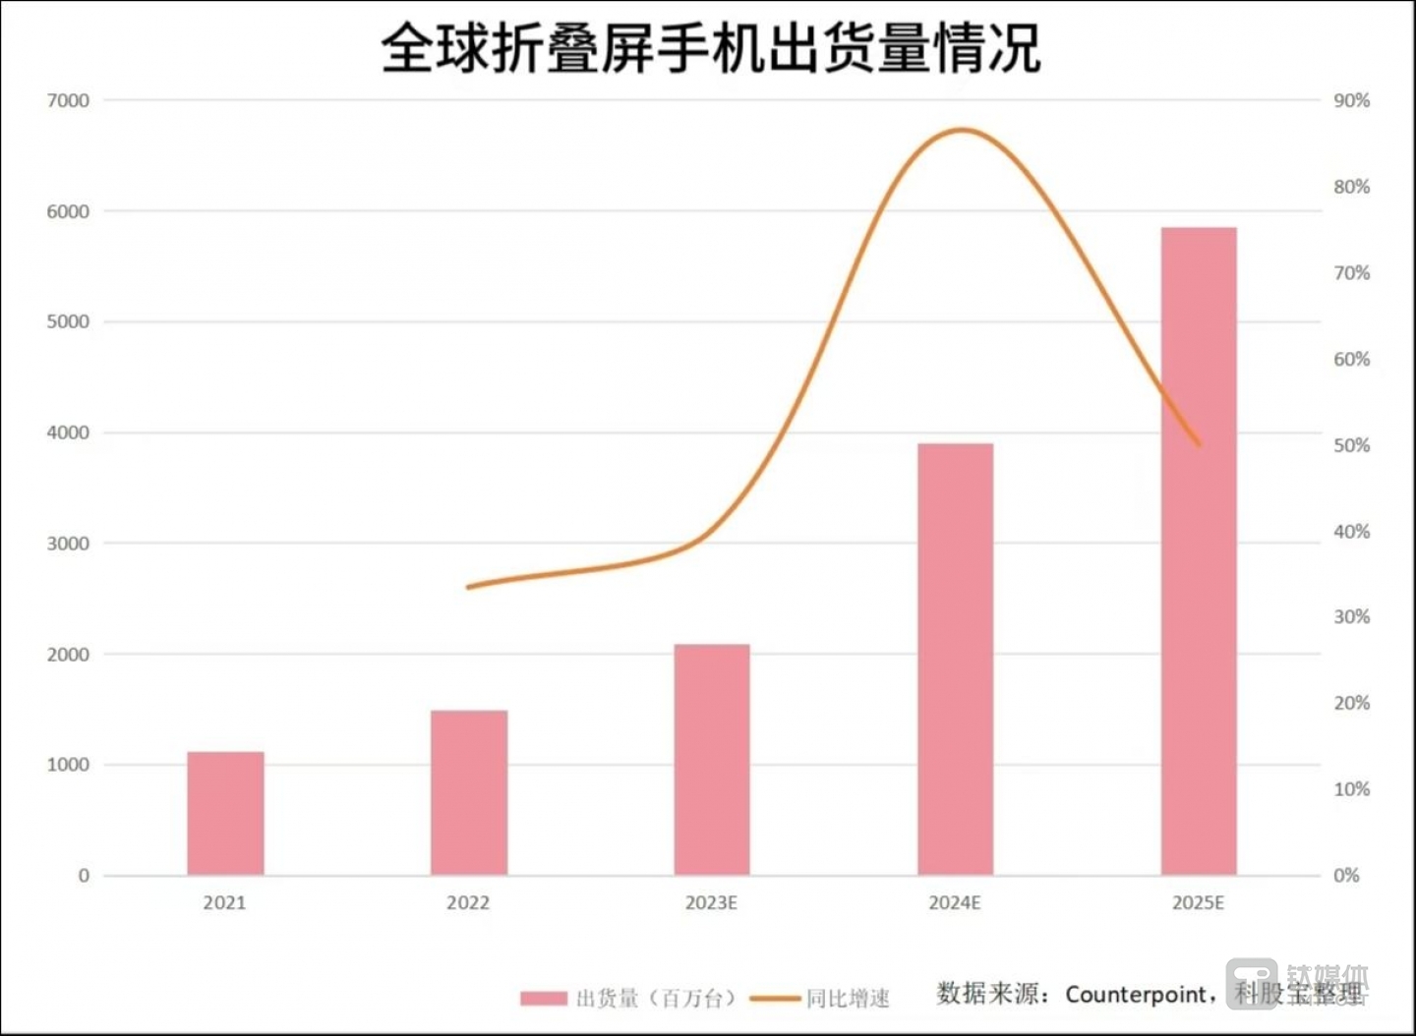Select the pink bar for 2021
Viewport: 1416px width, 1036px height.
click(225, 814)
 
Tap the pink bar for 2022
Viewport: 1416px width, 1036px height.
click(469, 792)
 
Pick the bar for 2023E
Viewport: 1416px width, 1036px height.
click(712, 760)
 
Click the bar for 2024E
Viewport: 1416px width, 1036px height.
click(955, 659)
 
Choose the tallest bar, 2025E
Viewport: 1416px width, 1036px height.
click(1198, 550)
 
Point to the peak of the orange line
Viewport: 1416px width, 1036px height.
click(962, 130)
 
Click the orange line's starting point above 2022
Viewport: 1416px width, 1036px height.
click(469, 587)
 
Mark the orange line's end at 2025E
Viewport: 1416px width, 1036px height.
click(1199, 444)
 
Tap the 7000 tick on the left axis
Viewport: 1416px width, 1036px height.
click(68, 100)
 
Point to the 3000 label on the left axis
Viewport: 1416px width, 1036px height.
click(68, 544)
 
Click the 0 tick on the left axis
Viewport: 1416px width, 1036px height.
click(84, 876)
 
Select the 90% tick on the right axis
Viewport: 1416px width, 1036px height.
click(1351, 100)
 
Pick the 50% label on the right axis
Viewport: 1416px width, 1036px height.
click(1351, 445)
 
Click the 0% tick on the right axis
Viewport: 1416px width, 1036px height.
click(1346, 876)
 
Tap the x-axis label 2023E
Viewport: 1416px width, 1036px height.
click(711, 902)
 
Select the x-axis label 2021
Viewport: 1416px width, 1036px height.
click(224, 902)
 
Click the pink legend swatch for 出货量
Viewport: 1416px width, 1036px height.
click(544, 999)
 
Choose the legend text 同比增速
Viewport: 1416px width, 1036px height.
click(848, 999)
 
